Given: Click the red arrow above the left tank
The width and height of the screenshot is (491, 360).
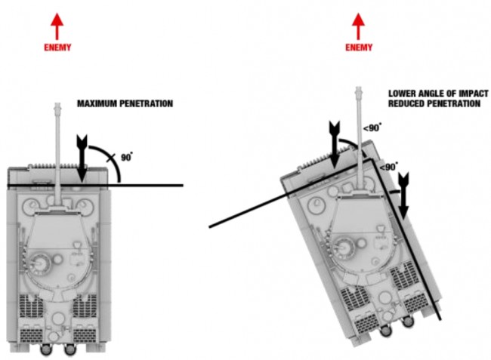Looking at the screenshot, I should [x=57, y=26].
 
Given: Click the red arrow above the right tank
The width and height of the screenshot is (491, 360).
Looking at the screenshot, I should [x=359, y=26].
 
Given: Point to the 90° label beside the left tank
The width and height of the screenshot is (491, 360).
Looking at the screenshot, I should [x=126, y=157].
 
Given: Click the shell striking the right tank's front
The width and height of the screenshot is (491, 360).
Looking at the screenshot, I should [x=332, y=143].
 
